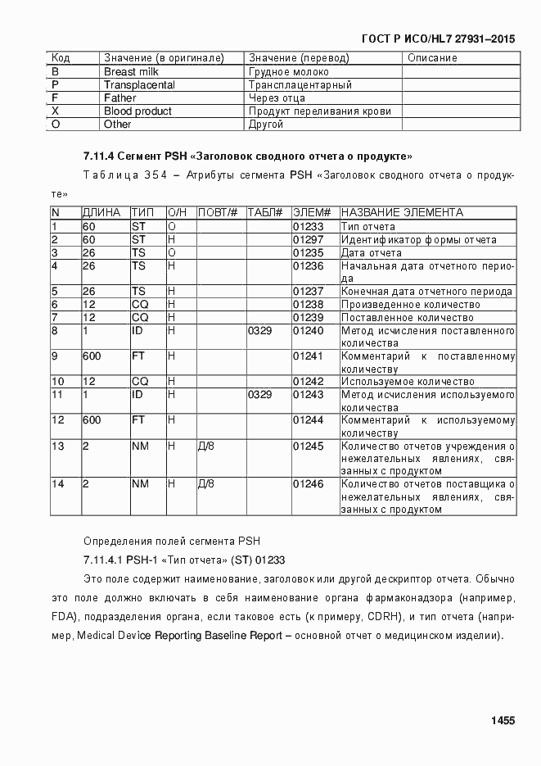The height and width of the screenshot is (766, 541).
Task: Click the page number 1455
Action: tap(503, 721)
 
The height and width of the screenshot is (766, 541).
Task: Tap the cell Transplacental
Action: tap(138, 85)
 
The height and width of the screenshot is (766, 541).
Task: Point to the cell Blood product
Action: tap(138, 111)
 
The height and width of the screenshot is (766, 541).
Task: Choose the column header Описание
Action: tap(432, 58)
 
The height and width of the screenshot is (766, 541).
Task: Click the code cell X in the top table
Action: tap(56, 111)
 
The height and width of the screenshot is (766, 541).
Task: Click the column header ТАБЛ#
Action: tap(264, 213)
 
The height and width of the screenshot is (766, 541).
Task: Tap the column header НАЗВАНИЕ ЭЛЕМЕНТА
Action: tap(402, 213)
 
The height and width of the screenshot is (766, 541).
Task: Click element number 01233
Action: tap(309, 227)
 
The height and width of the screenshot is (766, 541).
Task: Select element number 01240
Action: tap(309, 331)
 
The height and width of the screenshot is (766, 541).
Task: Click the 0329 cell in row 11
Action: tap(259, 395)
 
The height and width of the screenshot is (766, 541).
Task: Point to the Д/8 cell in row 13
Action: tap(206, 446)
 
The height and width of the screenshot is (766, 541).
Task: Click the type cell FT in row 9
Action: tap(139, 356)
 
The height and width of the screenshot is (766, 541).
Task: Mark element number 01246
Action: tap(309, 484)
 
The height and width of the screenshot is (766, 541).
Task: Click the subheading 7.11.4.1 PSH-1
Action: tap(183, 561)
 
